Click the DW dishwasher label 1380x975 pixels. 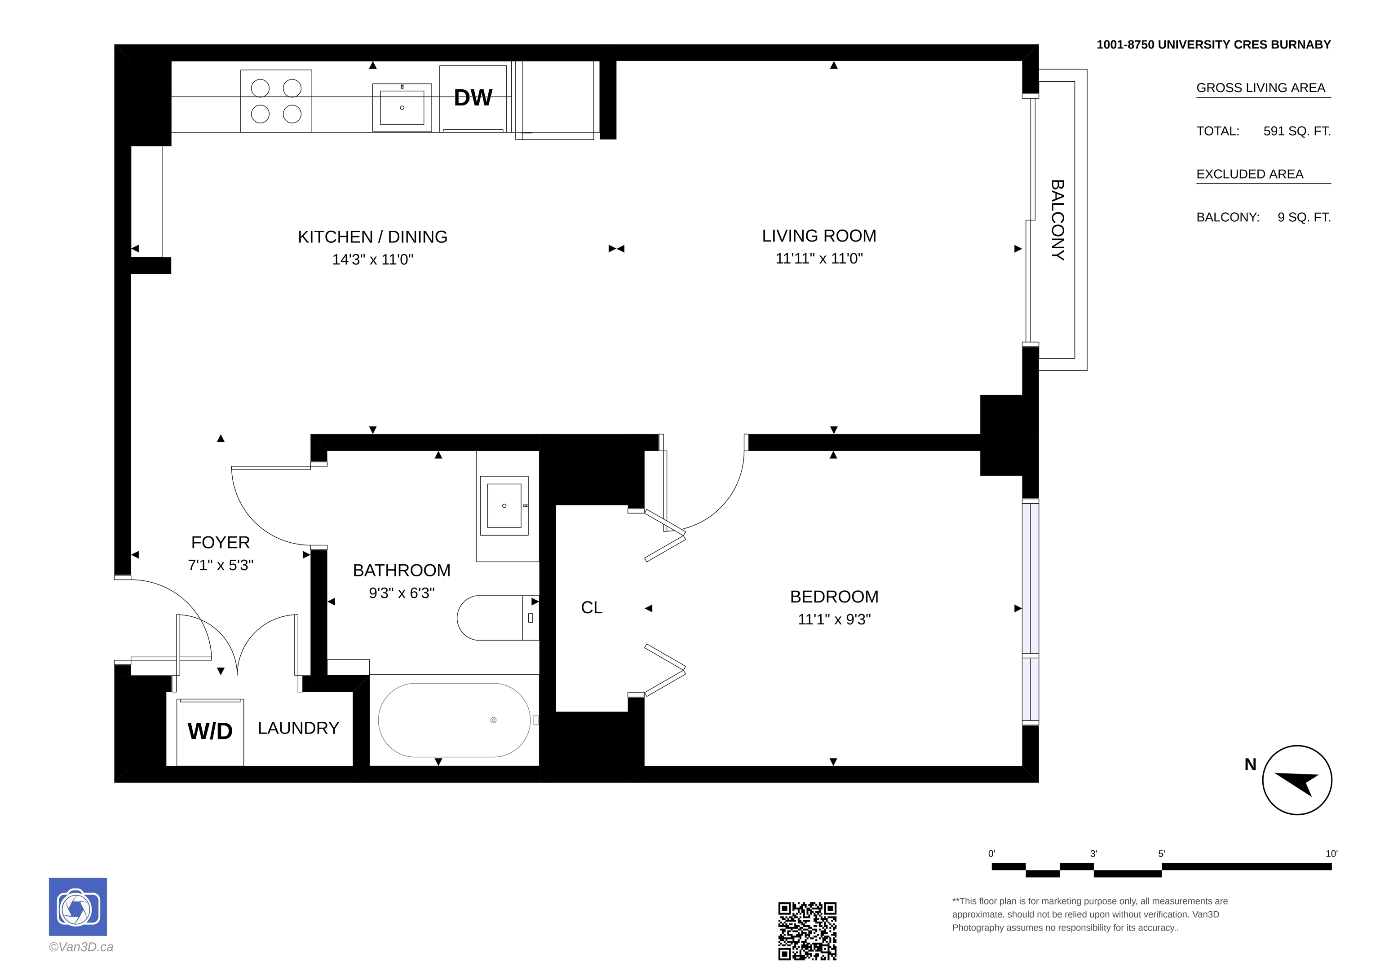(473, 98)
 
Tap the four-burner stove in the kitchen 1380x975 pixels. (276, 101)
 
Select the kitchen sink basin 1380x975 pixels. (402, 108)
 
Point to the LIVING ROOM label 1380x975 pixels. (819, 236)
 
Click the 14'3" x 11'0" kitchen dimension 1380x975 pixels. (373, 259)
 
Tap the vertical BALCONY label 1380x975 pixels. (1057, 220)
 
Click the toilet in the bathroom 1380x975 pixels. (498, 618)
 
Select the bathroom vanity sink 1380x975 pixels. (504, 506)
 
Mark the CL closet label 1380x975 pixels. (592, 607)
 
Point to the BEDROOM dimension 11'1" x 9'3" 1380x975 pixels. (834, 619)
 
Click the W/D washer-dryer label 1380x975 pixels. (210, 731)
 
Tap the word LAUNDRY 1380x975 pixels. (298, 728)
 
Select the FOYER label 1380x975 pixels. (221, 542)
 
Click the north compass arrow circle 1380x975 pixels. (1297, 780)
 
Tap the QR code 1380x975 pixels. (807, 931)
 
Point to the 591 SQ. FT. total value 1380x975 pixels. (1297, 131)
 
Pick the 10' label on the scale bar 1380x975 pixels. (1331, 854)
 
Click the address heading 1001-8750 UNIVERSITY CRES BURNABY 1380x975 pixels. (1213, 44)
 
